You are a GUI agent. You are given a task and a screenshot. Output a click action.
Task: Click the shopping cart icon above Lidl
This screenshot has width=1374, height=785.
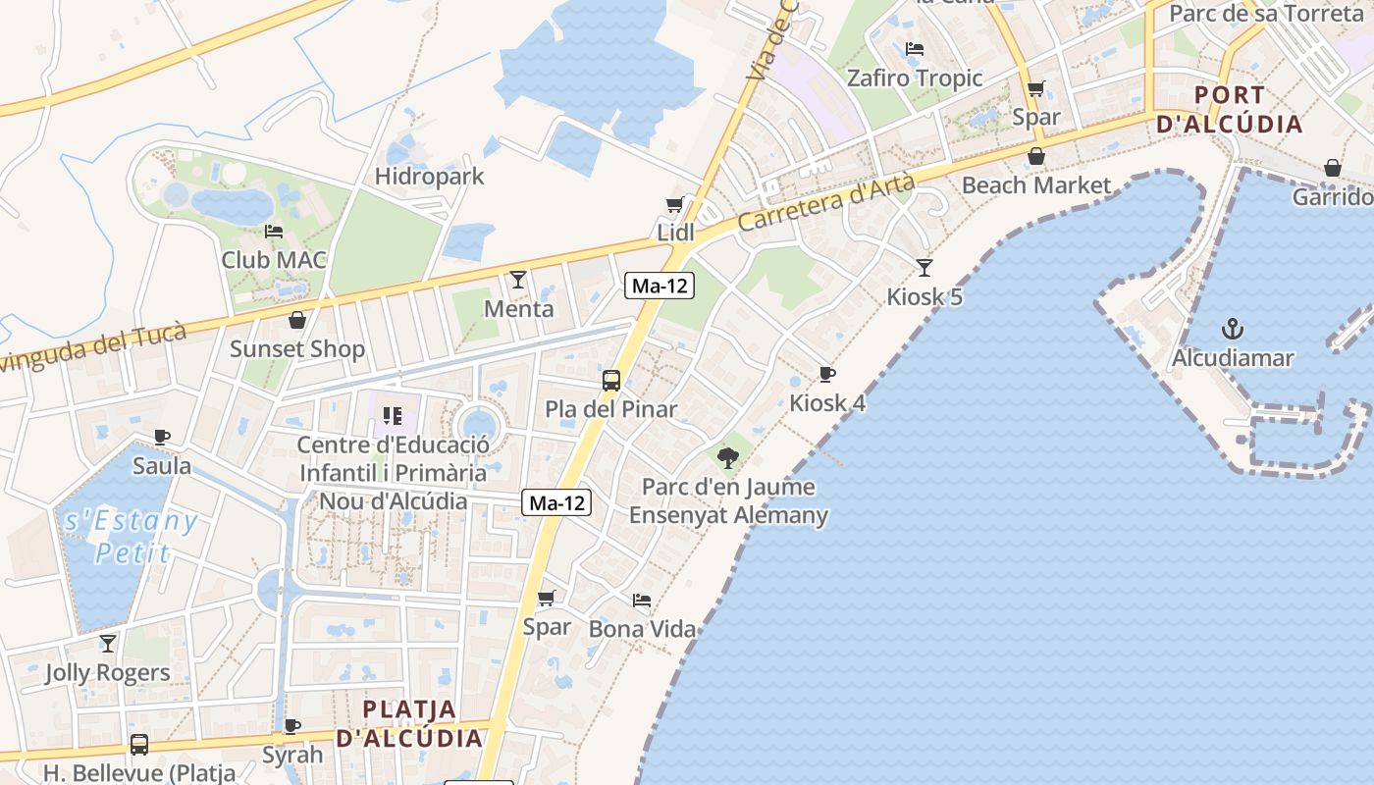click(674, 204)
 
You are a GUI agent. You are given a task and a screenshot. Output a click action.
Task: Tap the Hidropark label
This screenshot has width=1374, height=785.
click(430, 177)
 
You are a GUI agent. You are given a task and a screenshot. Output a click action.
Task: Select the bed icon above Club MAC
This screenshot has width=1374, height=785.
click(274, 232)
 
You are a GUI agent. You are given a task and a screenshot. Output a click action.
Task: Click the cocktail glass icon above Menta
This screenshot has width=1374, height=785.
click(518, 280)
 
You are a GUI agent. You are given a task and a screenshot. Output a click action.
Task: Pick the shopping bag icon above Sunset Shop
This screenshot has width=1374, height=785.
click(297, 320)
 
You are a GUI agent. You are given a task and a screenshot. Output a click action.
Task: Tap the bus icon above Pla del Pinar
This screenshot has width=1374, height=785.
click(611, 380)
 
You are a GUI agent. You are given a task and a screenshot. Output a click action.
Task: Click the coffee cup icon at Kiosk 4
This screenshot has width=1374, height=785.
click(827, 374)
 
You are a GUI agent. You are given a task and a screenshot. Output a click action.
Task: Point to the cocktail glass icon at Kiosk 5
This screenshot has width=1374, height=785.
click(925, 267)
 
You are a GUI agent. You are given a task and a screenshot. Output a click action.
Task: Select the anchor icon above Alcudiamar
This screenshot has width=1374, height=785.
click(1232, 329)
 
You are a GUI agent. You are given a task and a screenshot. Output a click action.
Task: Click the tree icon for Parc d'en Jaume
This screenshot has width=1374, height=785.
click(728, 457)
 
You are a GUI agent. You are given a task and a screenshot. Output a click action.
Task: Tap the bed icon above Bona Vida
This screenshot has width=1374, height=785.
click(642, 600)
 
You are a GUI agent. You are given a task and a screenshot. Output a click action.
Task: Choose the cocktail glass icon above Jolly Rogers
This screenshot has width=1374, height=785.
click(108, 644)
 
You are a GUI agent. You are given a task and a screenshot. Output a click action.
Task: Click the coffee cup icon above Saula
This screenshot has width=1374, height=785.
click(162, 437)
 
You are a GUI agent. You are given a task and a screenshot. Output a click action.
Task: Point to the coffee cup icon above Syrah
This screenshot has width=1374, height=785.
click(292, 726)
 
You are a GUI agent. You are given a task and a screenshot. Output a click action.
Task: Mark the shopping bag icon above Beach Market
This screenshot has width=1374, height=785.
click(1036, 157)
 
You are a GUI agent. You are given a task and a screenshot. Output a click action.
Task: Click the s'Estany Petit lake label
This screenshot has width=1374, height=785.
click(132, 537)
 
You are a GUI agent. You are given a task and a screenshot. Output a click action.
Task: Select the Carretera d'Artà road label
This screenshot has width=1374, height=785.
click(825, 203)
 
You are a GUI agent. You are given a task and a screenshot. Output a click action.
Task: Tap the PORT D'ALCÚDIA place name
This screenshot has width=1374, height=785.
click(1230, 110)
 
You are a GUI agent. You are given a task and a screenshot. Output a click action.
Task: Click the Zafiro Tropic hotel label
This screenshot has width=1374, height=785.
click(915, 78)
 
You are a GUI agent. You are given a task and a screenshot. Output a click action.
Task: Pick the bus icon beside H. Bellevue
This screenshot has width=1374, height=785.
click(139, 745)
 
